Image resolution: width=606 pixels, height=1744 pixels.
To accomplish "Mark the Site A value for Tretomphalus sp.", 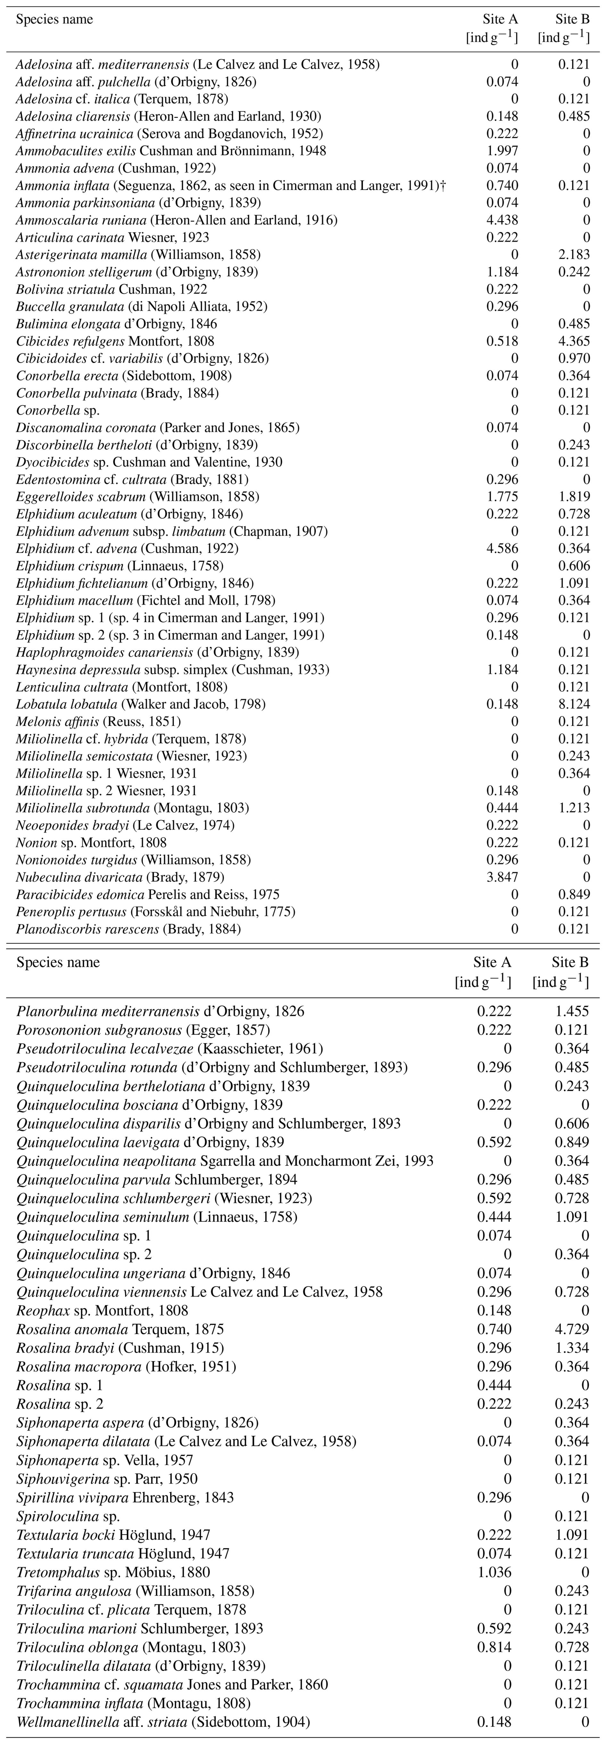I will [x=495, y=1572].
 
